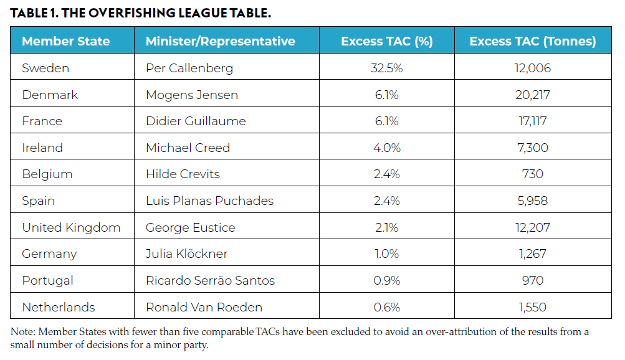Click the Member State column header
(x=65, y=42)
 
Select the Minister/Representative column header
(x=220, y=42)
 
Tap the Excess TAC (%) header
(x=386, y=42)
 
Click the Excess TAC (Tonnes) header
(x=532, y=42)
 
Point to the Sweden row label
(x=45, y=68)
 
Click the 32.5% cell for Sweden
(x=386, y=68)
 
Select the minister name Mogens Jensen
(x=192, y=95)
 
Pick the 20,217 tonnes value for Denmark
(x=532, y=95)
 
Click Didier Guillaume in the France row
(x=196, y=121)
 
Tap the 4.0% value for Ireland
(x=386, y=148)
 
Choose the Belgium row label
(x=47, y=174)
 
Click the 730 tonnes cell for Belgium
(x=532, y=174)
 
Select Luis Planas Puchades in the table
(x=209, y=201)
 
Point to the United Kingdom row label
(x=71, y=227)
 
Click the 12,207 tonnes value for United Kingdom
(x=532, y=227)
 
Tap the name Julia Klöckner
(x=186, y=253)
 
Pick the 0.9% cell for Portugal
(x=386, y=280)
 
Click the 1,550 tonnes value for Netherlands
(x=532, y=307)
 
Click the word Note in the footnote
(x=22, y=332)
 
